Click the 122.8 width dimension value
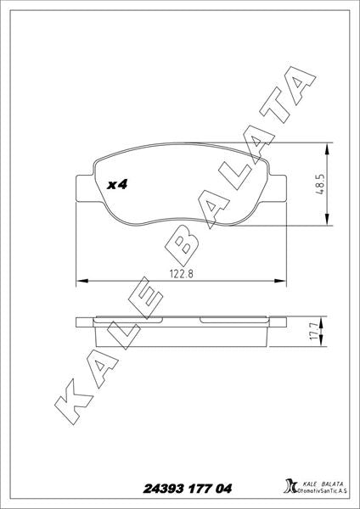[x=182, y=274]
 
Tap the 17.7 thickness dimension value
[x=313, y=332]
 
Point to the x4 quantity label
[x=117, y=185]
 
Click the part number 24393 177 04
[x=188, y=489]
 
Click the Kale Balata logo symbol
[x=290, y=486]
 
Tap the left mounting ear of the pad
[x=85, y=188]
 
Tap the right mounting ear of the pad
[x=277, y=188]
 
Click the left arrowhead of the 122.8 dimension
[x=82, y=281]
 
